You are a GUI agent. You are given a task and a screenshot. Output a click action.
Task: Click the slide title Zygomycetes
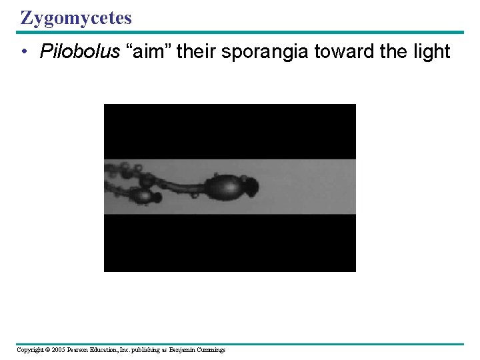point(76,17)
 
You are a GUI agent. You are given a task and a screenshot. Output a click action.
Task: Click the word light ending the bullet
point(432,52)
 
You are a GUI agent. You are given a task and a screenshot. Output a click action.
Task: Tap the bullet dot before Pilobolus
point(24,53)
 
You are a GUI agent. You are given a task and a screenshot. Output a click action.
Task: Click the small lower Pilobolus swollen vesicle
point(141,197)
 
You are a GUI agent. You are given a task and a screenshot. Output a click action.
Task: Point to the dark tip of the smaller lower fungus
point(157,198)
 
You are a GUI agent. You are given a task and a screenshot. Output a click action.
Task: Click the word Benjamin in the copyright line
point(180,350)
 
